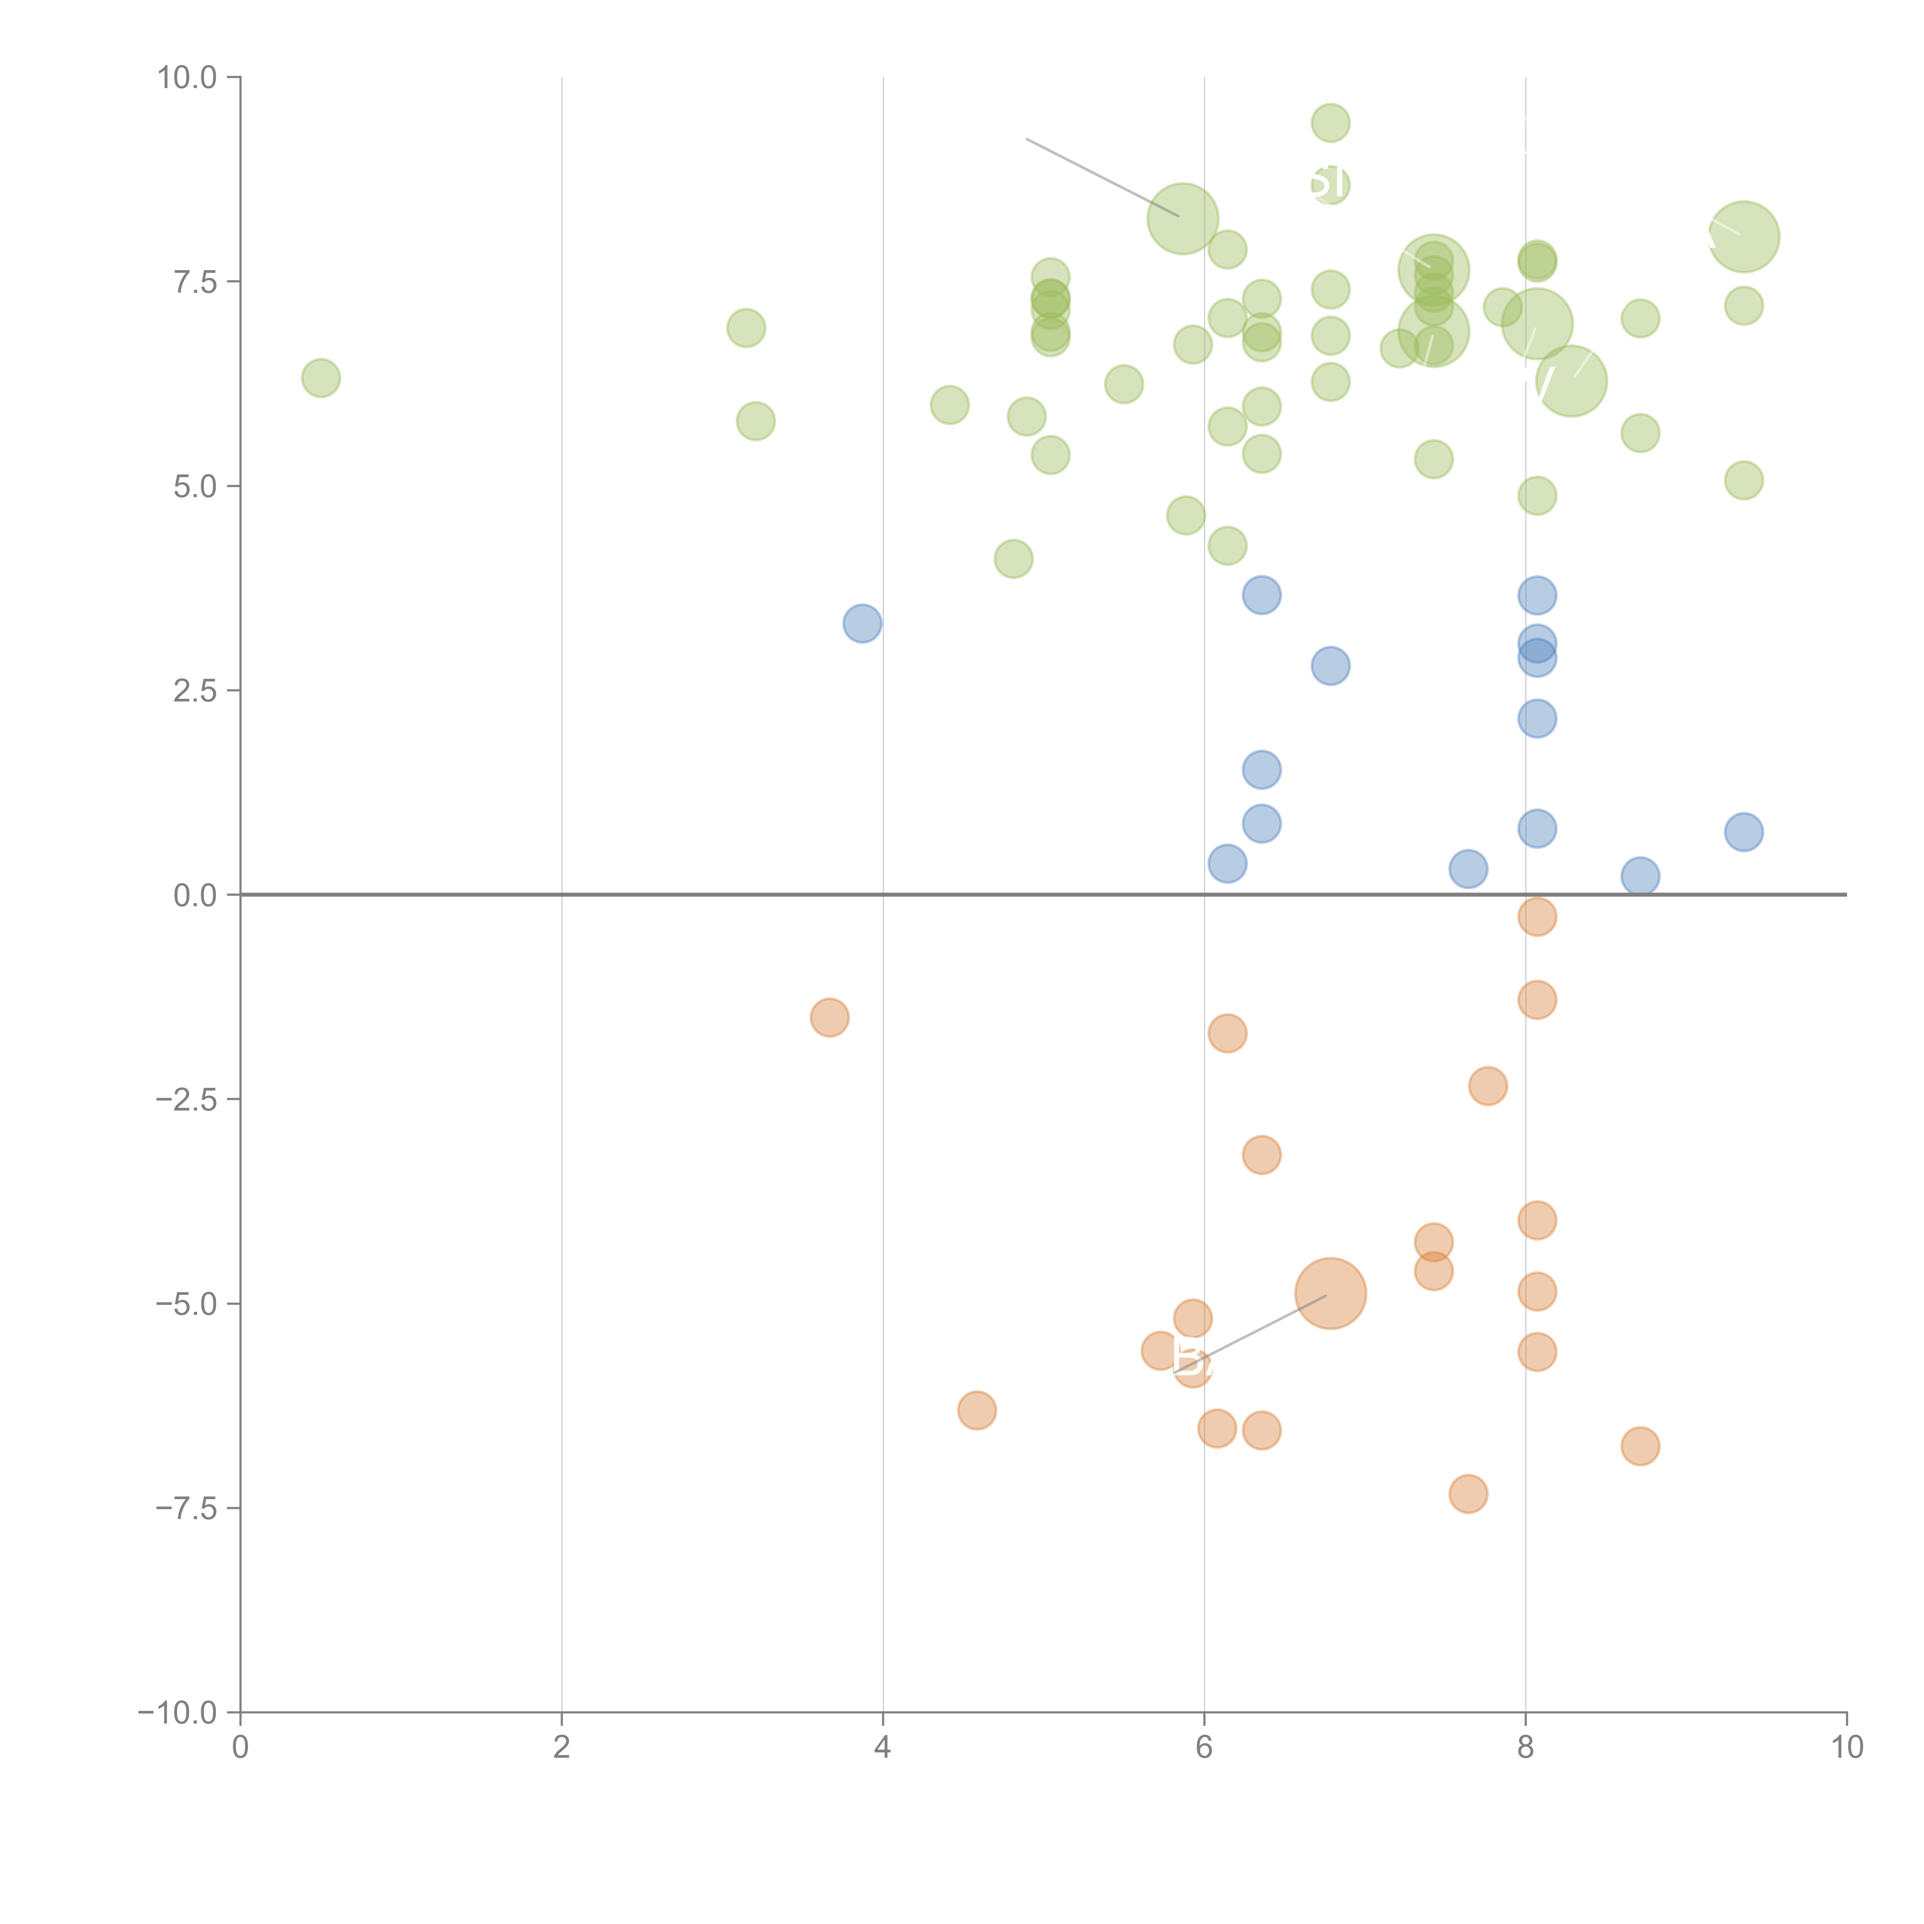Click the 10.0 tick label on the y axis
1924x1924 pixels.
[187, 78]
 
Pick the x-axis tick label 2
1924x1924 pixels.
[562, 1748]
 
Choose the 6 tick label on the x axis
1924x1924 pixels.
[1204, 1748]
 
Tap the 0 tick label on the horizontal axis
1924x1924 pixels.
[240, 1748]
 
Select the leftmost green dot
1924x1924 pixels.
[321, 377]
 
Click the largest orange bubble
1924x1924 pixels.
[1331, 1294]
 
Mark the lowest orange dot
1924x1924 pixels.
[1468, 1494]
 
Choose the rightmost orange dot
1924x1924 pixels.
[1640, 1446]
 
